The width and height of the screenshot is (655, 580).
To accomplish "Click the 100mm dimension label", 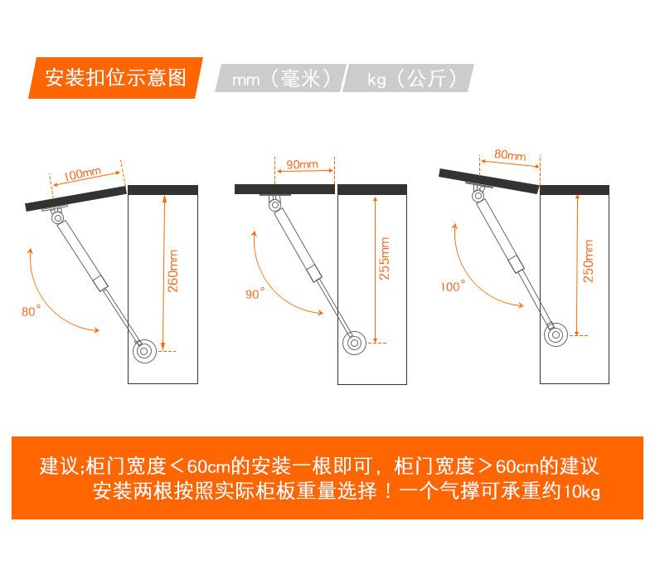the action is click(82, 173).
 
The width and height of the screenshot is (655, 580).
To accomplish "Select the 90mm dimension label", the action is click(302, 164).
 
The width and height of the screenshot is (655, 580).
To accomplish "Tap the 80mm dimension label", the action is click(510, 154).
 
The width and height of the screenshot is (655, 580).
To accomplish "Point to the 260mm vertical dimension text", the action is click(173, 271).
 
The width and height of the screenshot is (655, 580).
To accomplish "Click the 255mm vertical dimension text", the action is click(385, 258).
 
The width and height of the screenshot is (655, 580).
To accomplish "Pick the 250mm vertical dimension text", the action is click(588, 261).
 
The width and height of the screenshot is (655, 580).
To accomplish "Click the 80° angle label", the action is click(31, 310).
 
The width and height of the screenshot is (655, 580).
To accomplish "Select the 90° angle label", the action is click(255, 293).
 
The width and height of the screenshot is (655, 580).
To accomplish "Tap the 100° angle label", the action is click(453, 286).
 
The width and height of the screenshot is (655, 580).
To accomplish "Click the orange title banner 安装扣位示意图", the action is click(116, 78).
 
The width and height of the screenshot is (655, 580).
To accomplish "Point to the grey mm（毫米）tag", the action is click(281, 78).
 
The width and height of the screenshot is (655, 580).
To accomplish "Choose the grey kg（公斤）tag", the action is click(408, 78).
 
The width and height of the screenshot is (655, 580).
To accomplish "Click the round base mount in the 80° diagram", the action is click(144, 351).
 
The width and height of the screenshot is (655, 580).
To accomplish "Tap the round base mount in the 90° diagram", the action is click(354, 344).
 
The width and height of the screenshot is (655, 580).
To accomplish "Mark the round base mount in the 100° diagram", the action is click(556, 335).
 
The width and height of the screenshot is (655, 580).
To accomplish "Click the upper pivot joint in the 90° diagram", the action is click(274, 204).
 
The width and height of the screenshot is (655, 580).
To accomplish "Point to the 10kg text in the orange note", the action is click(582, 491).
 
